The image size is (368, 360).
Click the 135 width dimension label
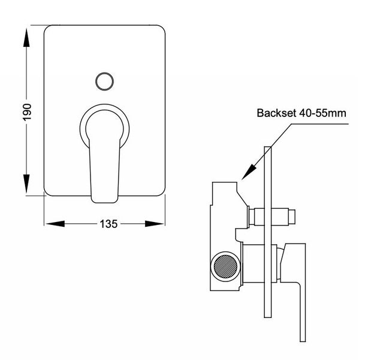[107, 223]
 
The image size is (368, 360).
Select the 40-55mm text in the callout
[324, 113]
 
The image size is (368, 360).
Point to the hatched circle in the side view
[227, 265]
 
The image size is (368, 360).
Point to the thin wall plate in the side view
[268, 240]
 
